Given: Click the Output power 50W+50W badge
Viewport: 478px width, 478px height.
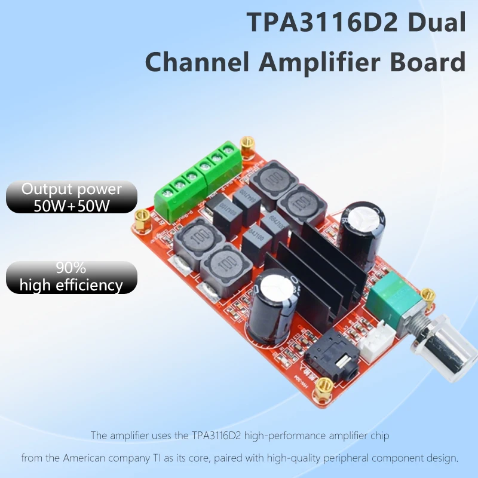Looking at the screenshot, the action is [x=72, y=197].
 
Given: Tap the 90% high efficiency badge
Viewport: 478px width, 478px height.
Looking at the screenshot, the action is [x=72, y=277].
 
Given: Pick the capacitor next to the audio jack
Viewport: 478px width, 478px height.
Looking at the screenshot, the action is [x=271, y=307].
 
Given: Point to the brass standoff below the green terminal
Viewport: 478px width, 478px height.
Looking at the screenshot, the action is [x=142, y=219].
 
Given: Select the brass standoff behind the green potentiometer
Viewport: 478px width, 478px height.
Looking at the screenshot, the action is [x=427, y=299].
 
